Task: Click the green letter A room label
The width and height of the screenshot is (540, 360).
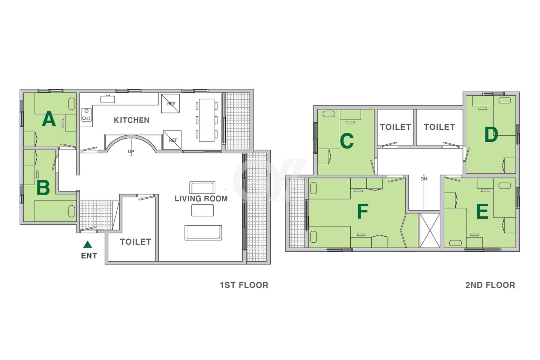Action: pyautogui.click(x=49, y=118)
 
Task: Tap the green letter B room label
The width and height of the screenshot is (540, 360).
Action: pyautogui.click(x=43, y=188)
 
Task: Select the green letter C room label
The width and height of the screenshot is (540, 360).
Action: pyautogui.click(x=347, y=141)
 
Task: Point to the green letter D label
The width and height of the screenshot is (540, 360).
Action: pyautogui.click(x=491, y=135)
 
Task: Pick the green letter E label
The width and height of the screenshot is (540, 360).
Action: pyautogui.click(x=482, y=211)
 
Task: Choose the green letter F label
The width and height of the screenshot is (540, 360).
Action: pyautogui.click(x=363, y=211)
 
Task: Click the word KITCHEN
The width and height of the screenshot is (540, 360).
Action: pyautogui.click(x=132, y=120)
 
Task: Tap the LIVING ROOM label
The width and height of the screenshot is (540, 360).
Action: pyautogui.click(x=201, y=199)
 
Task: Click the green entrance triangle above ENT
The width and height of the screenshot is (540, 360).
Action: pyautogui.click(x=87, y=244)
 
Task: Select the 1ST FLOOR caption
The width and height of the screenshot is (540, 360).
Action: pyautogui.click(x=244, y=285)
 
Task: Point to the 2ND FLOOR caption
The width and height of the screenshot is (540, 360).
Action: pyautogui.click(x=490, y=285)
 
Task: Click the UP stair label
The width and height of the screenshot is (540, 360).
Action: pyautogui.click(x=131, y=151)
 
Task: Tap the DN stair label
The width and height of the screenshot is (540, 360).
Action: pyautogui.click(x=424, y=179)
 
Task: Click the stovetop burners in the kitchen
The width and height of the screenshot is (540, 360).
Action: pyautogui.click(x=87, y=114)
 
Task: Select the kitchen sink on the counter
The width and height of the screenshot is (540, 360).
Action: pyautogui.click(x=108, y=99)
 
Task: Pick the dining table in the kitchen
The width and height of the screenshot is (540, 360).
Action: pyautogui.click(x=207, y=120)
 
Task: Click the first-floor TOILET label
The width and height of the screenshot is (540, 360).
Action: pyautogui.click(x=135, y=242)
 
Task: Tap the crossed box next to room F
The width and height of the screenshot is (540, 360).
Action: pyautogui.click(x=430, y=230)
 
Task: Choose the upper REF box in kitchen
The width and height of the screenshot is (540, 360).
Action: pyautogui.click(x=170, y=103)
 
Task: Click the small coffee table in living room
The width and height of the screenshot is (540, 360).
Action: pyautogui.click(x=202, y=210)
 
